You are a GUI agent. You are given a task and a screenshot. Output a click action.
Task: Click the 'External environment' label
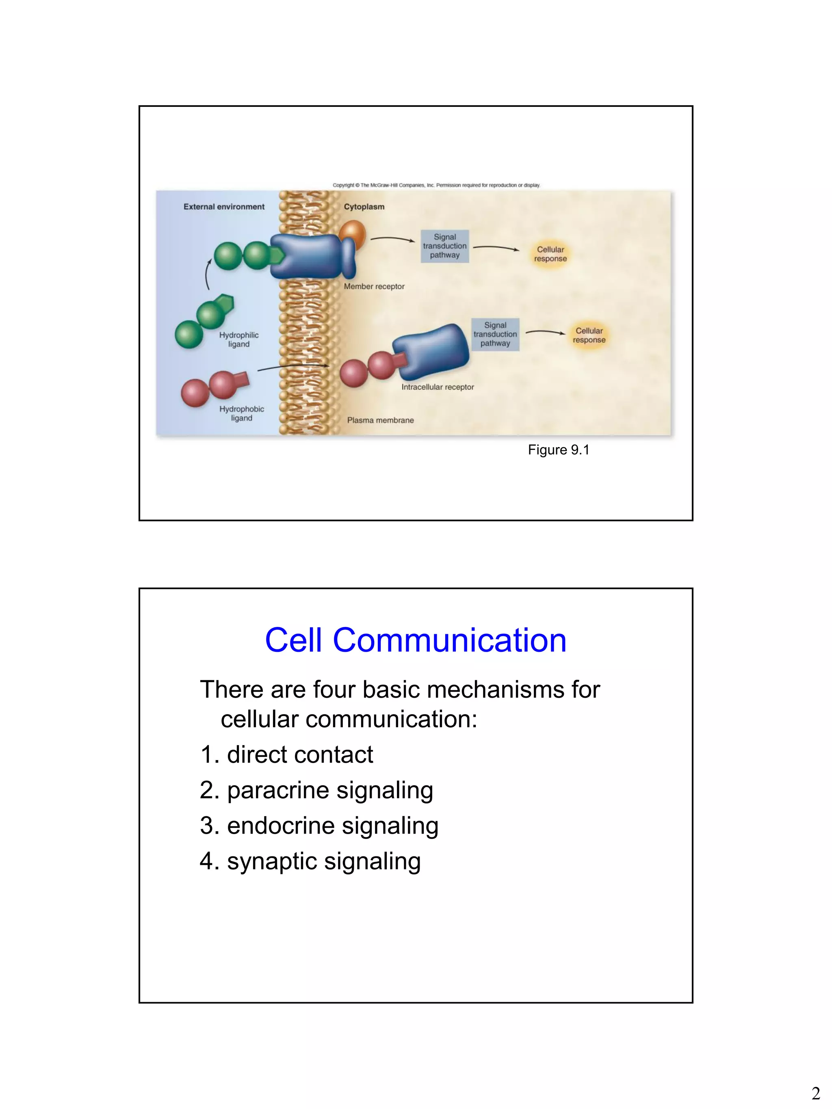click(224, 207)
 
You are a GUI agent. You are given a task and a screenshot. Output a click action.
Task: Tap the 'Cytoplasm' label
click(364, 207)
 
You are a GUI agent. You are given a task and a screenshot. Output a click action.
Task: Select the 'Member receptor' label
click(374, 286)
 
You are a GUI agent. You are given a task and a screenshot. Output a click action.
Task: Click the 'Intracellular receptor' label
click(437, 387)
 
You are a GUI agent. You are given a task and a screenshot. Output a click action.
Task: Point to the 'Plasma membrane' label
click(380, 420)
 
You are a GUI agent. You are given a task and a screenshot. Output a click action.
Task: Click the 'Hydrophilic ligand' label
click(239, 339)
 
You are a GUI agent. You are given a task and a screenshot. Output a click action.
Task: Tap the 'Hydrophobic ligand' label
click(241, 414)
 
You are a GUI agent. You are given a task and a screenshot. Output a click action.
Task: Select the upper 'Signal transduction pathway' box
click(444, 246)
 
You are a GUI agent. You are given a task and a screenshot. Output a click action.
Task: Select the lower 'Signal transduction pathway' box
click(495, 334)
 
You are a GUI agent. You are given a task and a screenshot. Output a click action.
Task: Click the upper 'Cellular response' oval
click(550, 254)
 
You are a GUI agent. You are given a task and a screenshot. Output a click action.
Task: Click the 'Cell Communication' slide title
click(415, 640)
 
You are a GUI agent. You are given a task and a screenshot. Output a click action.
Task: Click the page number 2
click(815, 1093)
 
